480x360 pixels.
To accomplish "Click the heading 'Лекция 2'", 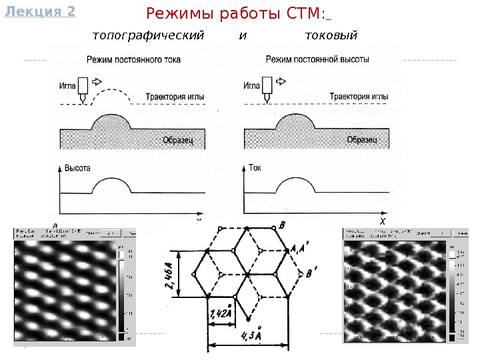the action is tap(39, 11).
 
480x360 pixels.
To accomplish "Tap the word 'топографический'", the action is tap(147, 35).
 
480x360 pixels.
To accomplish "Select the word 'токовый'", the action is tap(331, 35).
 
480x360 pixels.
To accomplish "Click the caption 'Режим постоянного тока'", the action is tap(133, 60).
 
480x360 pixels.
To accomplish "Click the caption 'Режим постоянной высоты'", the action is tap(317, 59).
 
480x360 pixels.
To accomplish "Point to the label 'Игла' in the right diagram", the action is tap(251, 85).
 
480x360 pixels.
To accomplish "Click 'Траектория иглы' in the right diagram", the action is tap(359, 97).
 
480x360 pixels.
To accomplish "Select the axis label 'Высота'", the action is tap(78, 168).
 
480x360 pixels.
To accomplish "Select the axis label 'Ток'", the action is tap(255, 168).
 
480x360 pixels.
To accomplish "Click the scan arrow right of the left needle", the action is tap(96, 81).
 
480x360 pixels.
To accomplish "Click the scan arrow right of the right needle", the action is tap(281, 81).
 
